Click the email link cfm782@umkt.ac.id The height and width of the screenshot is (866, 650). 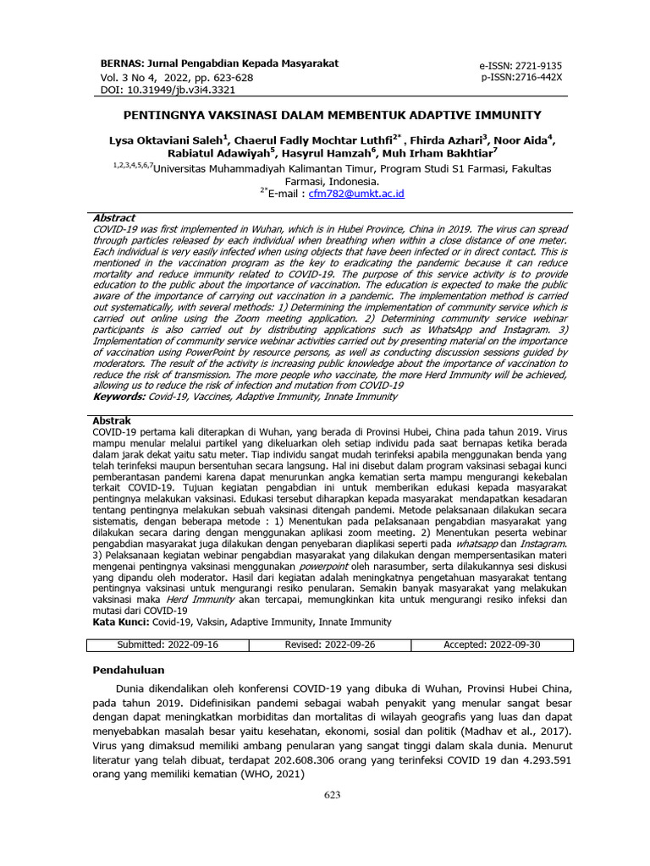356,194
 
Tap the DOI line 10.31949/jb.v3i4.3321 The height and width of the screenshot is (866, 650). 168,89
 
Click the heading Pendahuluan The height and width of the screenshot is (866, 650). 129,671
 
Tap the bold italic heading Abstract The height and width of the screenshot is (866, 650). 114,218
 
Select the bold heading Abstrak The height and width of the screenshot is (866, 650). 111,420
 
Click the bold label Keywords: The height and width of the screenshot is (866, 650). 118,396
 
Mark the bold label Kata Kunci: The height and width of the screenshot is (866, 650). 121,622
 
